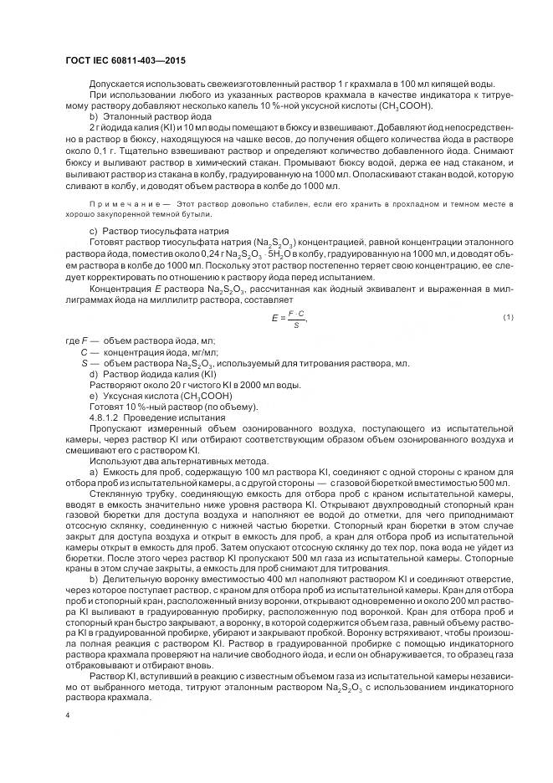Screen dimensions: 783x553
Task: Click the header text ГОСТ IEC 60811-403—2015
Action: click(x=125, y=61)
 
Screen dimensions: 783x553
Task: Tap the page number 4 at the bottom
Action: click(x=67, y=715)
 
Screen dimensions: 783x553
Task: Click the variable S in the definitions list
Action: click(x=84, y=363)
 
